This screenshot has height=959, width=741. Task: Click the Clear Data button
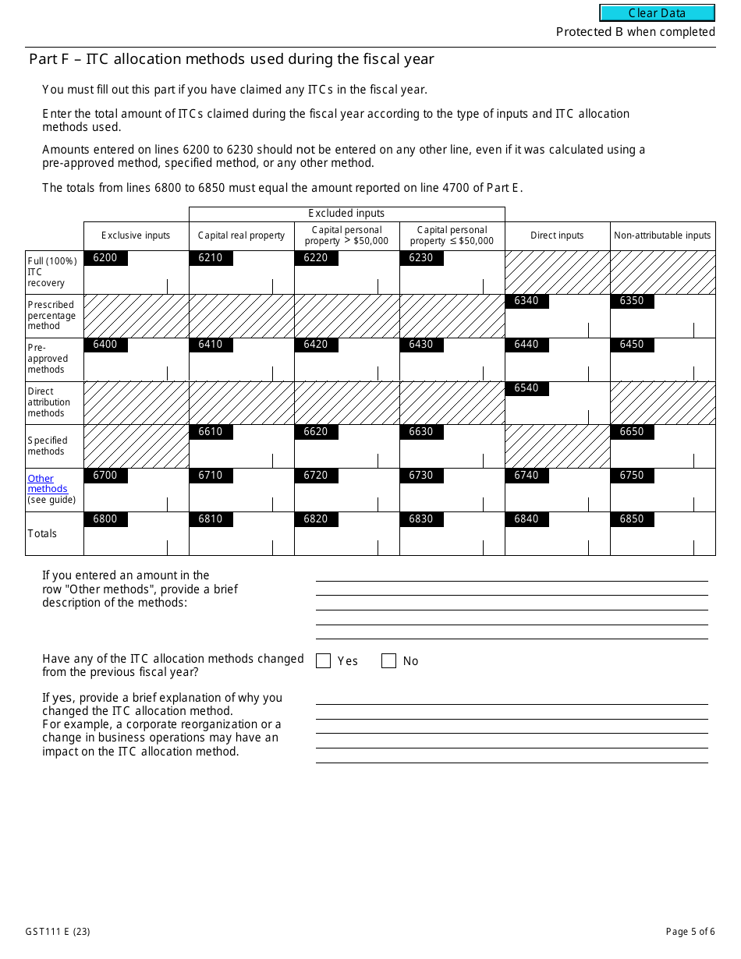[x=657, y=13]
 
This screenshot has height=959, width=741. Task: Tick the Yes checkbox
[x=324, y=661]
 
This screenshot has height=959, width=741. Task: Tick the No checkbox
[x=388, y=661]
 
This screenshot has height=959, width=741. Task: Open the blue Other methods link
[x=44, y=483]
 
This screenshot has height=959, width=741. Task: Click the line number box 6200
[x=105, y=258]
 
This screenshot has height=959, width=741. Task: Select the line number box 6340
[x=526, y=302]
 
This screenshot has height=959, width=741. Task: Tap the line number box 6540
[x=526, y=389]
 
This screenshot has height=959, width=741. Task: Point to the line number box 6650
[x=632, y=433]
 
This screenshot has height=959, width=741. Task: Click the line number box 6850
[x=632, y=520]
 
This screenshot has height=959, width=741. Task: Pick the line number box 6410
[x=211, y=345]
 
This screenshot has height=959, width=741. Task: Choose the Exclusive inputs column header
[x=136, y=235]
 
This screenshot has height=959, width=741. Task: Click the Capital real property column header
[x=241, y=235]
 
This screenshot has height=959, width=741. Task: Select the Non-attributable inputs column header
[x=662, y=235]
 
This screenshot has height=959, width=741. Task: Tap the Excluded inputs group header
[x=346, y=214]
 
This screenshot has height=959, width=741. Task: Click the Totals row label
[x=42, y=534]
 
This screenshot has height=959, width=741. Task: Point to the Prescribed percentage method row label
[x=51, y=316]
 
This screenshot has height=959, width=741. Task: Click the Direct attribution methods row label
[x=48, y=402]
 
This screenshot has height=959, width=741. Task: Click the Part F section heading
[x=231, y=59]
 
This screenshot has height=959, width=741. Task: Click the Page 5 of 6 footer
[x=690, y=932]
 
